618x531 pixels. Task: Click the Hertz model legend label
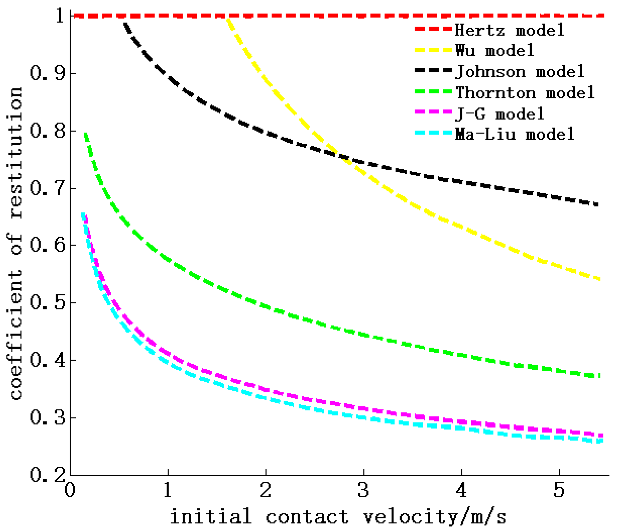(x=509, y=30)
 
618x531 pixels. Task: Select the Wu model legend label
(x=494, y=51)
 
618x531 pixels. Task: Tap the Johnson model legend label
(x=520, y=72)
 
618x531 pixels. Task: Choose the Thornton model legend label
(x=525, y=93)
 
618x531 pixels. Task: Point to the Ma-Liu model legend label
(x=515, y=134)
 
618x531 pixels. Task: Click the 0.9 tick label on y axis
(x=47, y=73)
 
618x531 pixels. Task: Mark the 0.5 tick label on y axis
(x=47, y=303)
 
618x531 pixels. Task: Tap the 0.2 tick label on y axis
(x=47, y=475)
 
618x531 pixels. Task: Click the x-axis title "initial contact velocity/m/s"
(x=338, y=516)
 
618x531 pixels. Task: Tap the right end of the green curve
(x=599, y=376)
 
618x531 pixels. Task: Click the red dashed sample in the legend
(x=433, y=29)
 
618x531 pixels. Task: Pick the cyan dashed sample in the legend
(x=433, y=133)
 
